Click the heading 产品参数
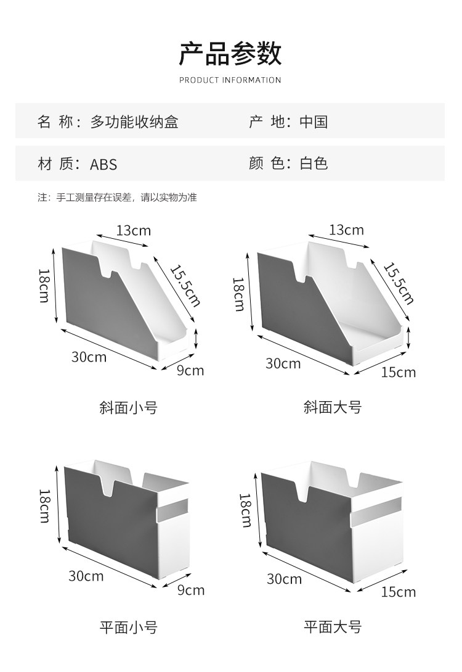point(230,54)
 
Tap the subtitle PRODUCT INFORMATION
point(230,80)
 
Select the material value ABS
point(103,164)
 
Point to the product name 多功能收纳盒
point(134,122)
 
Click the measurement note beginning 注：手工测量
point(117,198)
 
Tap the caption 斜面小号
point(128,407)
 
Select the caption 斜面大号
point(333,407)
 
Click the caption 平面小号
point(128,628)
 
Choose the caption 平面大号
point(333,628)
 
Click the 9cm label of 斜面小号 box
point(190,370)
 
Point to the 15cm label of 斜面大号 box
point(398,372)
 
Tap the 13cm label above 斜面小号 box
point(134,231)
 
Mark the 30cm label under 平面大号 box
point(284,578)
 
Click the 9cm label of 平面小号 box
point(190,590)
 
